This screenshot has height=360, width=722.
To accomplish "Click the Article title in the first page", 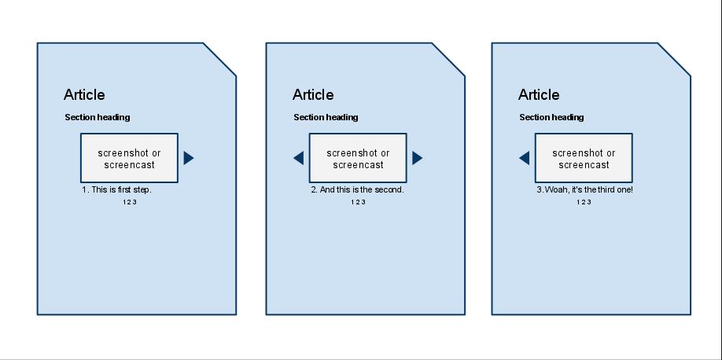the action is click(84, 95).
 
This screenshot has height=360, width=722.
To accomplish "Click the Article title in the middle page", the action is click(313, 95).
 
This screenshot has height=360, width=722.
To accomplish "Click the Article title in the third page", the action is click(539, 95).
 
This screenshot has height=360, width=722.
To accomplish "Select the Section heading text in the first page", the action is click(98, 117).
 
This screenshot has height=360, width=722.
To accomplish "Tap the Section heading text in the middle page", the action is click(326, 117).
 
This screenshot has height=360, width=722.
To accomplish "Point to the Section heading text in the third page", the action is click(551, 117).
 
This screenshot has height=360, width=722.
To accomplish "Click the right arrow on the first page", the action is click(188, 158).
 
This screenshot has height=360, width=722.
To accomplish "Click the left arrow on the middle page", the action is click(298, 158).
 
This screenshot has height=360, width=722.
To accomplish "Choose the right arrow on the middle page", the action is click(417, 158).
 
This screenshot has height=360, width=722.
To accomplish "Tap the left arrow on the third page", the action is click(524, 158).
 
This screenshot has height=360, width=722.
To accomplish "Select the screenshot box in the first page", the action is click(130, 158).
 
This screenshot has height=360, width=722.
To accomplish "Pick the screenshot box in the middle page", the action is click(358, 158).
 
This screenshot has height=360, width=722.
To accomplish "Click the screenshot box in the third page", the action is click(584, 158).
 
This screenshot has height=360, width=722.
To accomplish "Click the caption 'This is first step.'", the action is click(122, 189).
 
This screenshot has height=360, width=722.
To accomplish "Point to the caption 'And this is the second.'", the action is click(362, 189).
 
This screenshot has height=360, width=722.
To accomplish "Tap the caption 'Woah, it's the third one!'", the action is click(589, 189).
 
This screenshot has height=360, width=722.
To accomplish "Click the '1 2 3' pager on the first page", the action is click(130, 202).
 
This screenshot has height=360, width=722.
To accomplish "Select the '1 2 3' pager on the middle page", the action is click(358, 202).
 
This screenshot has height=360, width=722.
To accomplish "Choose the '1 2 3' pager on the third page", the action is click(584, 202).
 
